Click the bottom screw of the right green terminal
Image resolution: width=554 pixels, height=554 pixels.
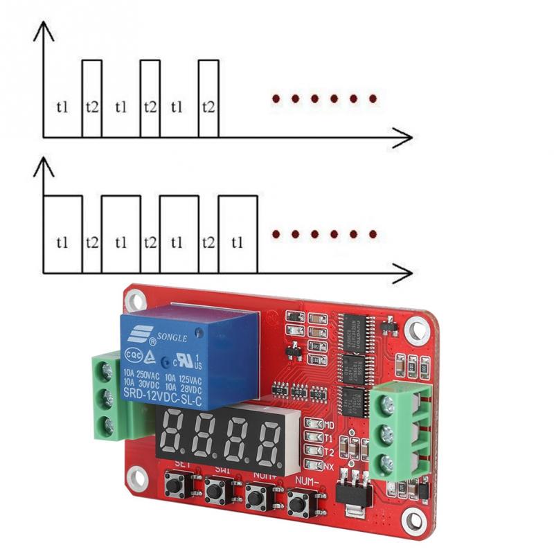coord(387,462)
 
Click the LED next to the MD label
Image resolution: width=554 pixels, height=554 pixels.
coord(312,423)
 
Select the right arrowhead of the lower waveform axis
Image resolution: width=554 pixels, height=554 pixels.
coord(404,272)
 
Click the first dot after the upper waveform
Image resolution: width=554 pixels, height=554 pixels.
coord(276,99)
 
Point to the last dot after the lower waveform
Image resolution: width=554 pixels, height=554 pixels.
coord(373,235)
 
